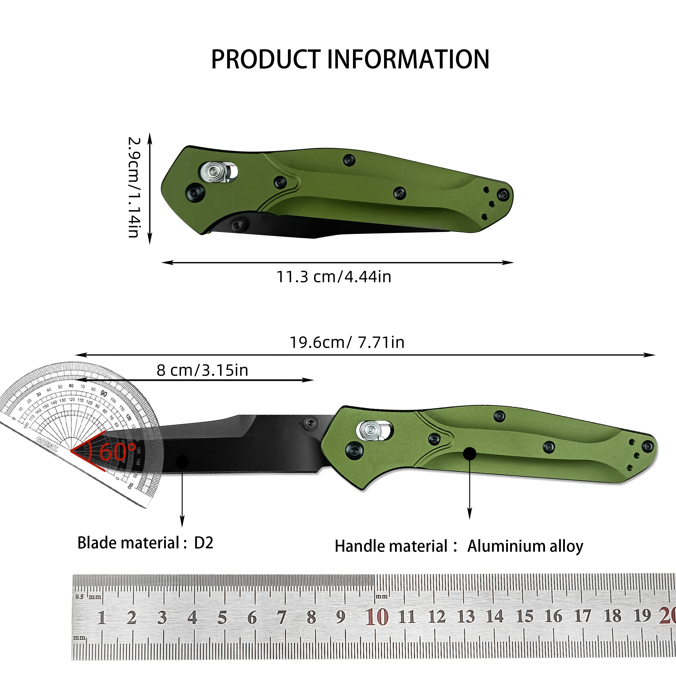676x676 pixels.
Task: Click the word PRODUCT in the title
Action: click(x=266, y=59)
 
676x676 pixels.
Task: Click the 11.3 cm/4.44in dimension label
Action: click(x=334, y=277)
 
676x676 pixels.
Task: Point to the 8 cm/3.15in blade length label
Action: click(x=202, y=370)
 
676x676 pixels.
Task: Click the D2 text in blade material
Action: click(x=204, y=543)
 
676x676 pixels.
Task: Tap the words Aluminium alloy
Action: click(x=525, y=546)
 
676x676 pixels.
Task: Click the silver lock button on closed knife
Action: click(x=212, y=173)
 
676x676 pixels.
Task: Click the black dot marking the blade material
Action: click(x=182, y=461)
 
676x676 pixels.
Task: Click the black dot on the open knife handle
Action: click(x=470, y=454)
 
